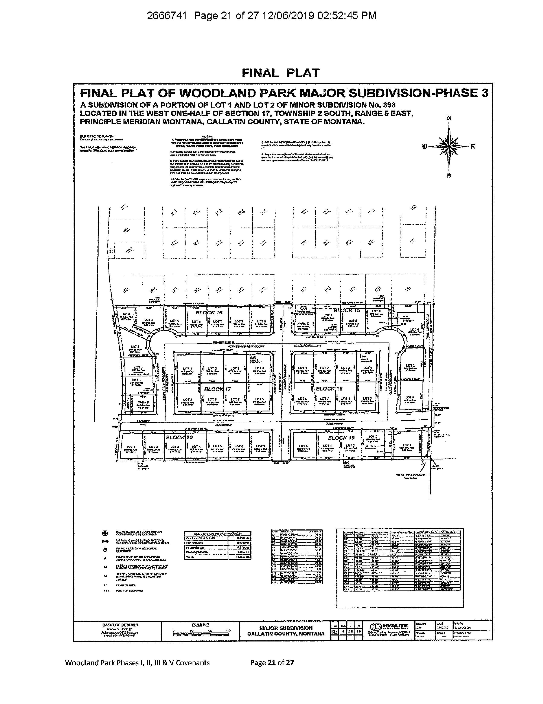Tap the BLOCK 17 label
pos(218,389)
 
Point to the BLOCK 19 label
pos(341,437)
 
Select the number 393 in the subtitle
pos(389,105)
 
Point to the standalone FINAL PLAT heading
pos(280,73)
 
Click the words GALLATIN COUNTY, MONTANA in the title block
pos(286,633)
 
